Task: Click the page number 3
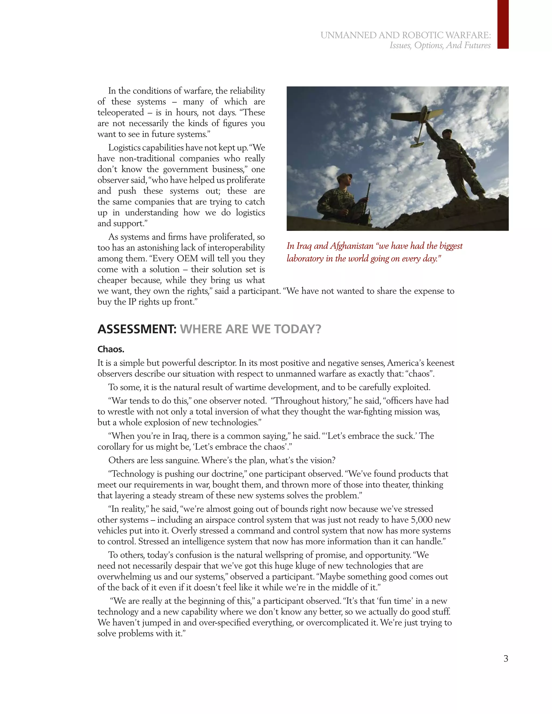coord(506,658)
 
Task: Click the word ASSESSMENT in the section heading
coord(137,329)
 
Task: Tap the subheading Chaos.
coord(111,349)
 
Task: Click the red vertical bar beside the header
coord(503,25)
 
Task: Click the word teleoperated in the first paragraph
coord(121,112)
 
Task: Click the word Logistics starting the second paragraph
coord(124,148)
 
